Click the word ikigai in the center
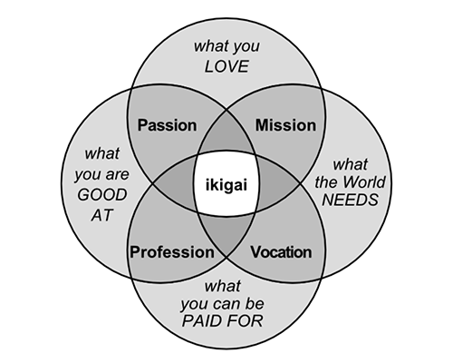click(226, 185)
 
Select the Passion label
click(167, 125)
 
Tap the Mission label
click(285, 125)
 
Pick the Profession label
click(172, 252)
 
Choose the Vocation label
click(281, 252)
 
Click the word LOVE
click(226, 66)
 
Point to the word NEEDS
click(350, 200)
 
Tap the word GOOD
click(102, 195)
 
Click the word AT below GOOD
click(101, 215)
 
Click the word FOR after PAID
click(247, 320)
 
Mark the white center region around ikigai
click(226, 184)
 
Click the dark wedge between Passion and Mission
click(226, 133)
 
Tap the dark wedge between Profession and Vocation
click(226, 234)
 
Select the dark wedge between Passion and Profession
click(175, 184)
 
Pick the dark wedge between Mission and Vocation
click(278, 184)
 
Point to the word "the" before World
click(327, 182)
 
